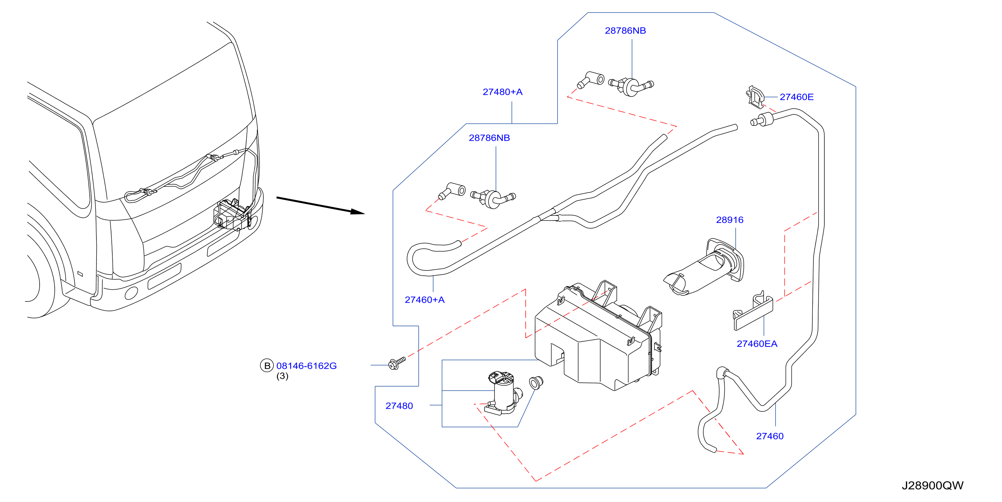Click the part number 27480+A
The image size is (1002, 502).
click(503, 92)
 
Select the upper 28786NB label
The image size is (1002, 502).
click(625, 31)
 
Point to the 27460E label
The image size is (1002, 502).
click(796, 97)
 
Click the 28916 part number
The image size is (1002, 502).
click(729, 220)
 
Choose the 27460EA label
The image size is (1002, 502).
click(757, 344)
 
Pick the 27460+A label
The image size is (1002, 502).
click(424, 300)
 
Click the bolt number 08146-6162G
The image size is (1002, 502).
click(306, 366)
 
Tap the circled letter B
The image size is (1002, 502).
click(267, 366)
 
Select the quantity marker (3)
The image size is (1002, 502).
click(282, 376)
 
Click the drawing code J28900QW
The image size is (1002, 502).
click(932, 486)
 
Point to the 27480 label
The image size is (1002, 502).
click(399, 406)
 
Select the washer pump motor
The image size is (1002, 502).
click(503, 393)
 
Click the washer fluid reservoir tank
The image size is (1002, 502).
click(598, 335)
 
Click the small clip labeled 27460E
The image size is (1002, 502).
click(755, 97)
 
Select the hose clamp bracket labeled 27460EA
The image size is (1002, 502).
click(753, 311)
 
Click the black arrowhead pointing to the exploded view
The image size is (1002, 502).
click(357, 211)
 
